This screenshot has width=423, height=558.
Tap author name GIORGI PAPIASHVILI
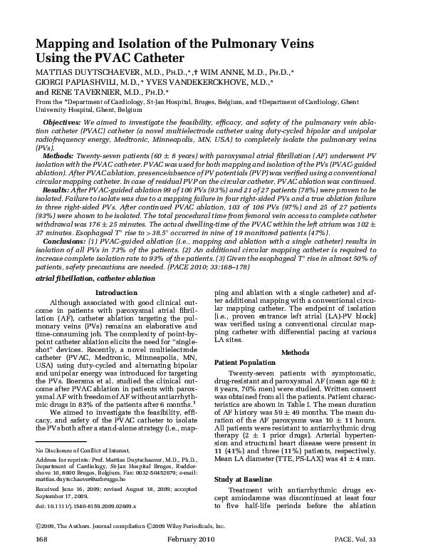point(76,82)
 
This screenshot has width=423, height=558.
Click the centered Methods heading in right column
point(294,352)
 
